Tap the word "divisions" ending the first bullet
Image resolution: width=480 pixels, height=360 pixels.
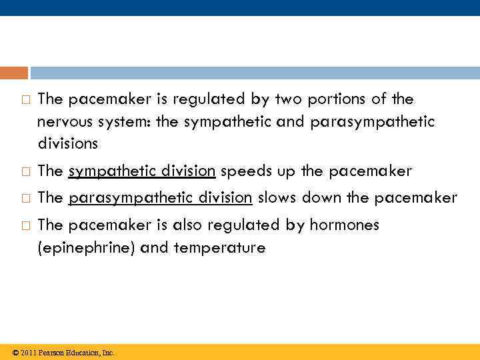coord(67,143)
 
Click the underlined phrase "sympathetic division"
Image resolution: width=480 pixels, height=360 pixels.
coord(141,171)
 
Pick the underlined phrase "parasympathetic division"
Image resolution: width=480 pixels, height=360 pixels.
coord(160,198)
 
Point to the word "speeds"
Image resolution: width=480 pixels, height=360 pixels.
coord(239,171)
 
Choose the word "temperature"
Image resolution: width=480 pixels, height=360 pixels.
coord(219,248)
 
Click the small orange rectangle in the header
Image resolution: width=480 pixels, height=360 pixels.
coord(14,73)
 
